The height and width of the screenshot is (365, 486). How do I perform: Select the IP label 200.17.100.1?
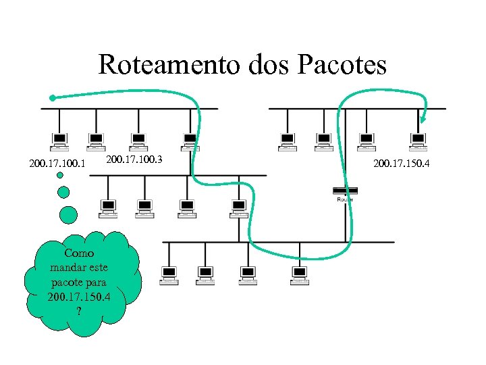tap(57, 164)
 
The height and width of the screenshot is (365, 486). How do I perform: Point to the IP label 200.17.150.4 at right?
tap(402, 163)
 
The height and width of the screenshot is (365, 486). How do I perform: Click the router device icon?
tap(345, 191)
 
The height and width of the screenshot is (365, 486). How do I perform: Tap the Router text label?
tap(345, 199)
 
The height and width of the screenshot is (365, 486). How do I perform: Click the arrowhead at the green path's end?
tap(420, 121)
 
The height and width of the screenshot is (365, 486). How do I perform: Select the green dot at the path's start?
tap(53, 97)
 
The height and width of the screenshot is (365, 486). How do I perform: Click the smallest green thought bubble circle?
tap(60, 176)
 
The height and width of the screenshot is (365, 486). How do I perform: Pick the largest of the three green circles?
tap(69, 215)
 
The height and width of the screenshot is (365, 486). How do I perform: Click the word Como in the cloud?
tap(79, 253)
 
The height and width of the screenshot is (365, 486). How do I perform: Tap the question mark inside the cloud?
tap(79, 311)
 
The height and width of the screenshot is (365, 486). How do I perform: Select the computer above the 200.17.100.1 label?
tap(59, 141)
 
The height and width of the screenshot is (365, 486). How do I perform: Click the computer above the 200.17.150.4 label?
tap(418, 141)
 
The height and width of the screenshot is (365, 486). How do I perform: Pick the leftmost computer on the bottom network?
tap(169, 274)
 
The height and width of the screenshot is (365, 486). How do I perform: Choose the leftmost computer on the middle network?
tap(107, 208)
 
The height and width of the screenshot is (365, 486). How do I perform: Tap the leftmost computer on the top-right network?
tap(288, 141)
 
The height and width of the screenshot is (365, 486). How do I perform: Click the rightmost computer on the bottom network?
tap(299, 274)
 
